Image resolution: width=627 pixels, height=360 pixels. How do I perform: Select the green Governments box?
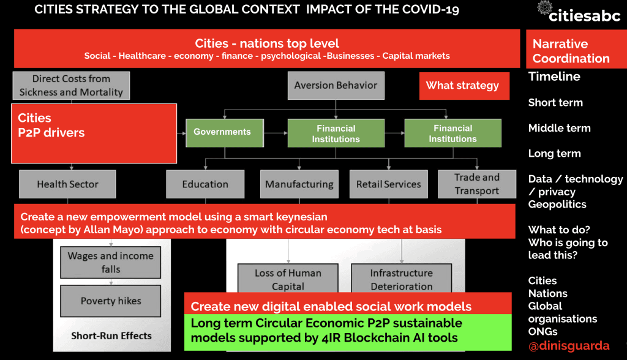coord(222,132)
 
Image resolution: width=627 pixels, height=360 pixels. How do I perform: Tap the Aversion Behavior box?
coord(336,86)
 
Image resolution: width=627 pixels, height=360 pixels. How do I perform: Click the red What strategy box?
coord(463,86)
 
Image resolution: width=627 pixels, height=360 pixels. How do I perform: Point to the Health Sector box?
coord(67,184)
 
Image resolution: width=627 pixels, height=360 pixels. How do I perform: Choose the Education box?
coord(205,184)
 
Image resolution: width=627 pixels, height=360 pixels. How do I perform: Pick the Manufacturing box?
coord(299,184)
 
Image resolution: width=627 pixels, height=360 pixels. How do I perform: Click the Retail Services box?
coord(389,184)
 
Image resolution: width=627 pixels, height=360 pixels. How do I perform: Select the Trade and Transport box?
coord(477,184)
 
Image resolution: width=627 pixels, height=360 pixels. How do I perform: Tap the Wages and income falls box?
coord(110,263)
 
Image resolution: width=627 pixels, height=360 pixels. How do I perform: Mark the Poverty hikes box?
coord(110,301)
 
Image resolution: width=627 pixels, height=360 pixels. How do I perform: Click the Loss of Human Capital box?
coord(288,279)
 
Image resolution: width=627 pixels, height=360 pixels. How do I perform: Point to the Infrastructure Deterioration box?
coord(401,279)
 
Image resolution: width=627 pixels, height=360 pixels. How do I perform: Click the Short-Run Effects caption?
coord(111,336)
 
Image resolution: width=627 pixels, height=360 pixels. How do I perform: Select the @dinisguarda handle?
coord(569,345)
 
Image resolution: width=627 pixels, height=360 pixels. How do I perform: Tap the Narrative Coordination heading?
coord(571,51)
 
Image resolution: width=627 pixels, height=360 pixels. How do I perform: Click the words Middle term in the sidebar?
coord(559,128)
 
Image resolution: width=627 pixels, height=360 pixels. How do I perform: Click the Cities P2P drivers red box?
coord(94,133)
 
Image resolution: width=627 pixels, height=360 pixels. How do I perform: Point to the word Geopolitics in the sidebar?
coord(557,204)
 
